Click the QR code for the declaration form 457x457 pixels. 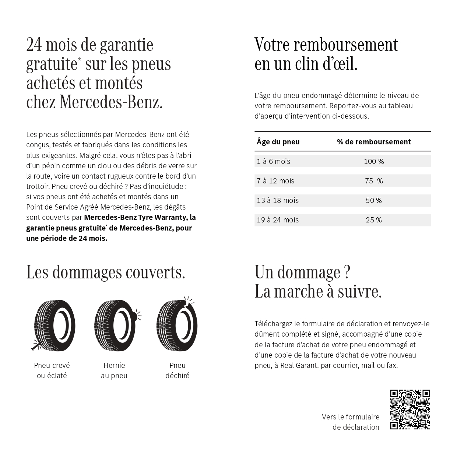click(x=410, y=409)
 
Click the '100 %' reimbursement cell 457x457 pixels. click(x=374, y=161)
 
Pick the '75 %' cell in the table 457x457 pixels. click(x=374, y=181)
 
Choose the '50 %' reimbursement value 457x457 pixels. click(x=374, y=200)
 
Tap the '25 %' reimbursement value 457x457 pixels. click(x=374, y=220)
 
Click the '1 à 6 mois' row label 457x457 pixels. click(x=274, y=161)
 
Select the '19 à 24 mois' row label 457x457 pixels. click(x=278, y=220)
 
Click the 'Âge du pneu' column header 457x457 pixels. click(x=278, y=142)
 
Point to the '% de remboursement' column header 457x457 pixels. click(x=374, y=142)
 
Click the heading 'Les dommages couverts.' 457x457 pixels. click(x=106, y=272)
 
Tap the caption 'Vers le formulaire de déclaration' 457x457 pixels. click(x=351, y=422)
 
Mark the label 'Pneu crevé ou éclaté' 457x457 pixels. click(x=52, y=370)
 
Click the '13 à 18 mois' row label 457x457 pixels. click(x=278, y=200)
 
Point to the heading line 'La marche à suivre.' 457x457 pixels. click(x=318, y=292)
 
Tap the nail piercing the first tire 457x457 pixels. click(x=36, y=346)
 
